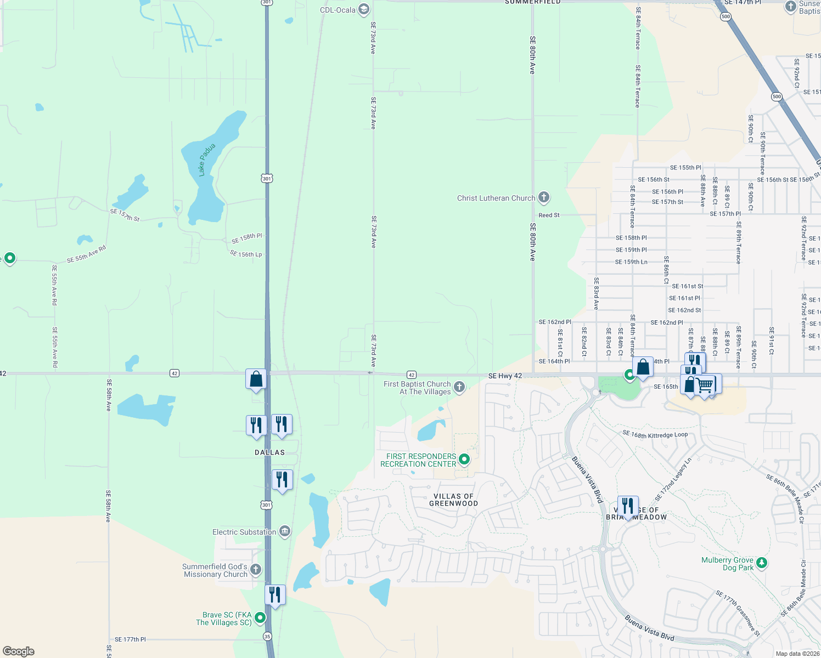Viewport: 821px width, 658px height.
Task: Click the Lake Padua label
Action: coord(206,160)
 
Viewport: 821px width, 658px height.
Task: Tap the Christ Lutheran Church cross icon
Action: coord(543,197)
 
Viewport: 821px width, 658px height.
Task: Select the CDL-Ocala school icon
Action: coord(363,9)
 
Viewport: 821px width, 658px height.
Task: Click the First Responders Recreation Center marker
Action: coord(464,460)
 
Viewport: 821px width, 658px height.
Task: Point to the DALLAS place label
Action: coord(270,452)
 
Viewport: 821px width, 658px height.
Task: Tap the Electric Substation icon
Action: coord(284,531)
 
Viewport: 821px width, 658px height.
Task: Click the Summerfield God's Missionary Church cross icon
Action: coord(256,570)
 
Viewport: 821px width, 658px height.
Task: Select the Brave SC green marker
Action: coord(260,618)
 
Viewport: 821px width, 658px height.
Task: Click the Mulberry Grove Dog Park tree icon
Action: coord(761,563)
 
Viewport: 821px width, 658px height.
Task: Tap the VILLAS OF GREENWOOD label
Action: coord(453,500)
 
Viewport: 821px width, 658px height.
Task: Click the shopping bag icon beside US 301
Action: coord(256,379)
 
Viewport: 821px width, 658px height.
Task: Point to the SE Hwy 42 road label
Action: coord(505,376)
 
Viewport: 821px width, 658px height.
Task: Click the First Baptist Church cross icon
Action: coord(459,387)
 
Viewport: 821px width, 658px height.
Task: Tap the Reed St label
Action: coord(549,215)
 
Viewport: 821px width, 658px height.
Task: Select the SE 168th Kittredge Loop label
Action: coord(655,435)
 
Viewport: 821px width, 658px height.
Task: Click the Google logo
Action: coord(19,651)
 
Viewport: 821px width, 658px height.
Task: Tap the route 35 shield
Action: coord(267,636)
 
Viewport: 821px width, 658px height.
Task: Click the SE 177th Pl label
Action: coord(130,639)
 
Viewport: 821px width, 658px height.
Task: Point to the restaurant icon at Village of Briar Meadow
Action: coord(628,506)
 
